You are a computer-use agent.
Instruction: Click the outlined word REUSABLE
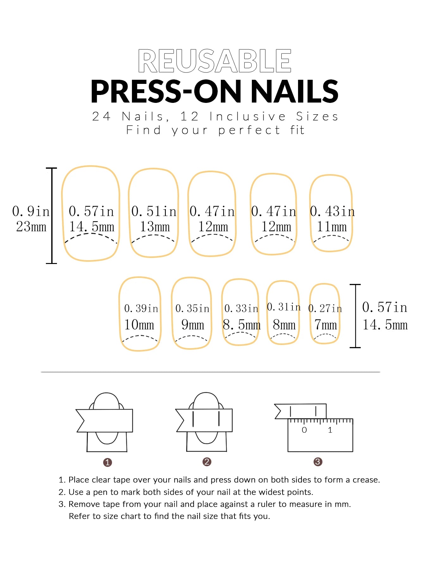215,61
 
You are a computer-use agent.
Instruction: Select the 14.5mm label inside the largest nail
92,227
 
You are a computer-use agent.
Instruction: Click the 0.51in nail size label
154,211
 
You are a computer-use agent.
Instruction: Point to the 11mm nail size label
332,227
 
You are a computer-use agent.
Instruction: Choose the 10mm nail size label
139,325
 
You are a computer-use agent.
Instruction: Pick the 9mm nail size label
192,325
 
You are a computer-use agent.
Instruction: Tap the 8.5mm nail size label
242,325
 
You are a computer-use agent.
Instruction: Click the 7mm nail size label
325,325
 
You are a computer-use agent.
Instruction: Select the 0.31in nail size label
284,307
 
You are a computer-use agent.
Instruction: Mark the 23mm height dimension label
31,227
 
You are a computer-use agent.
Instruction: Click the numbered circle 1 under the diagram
108,462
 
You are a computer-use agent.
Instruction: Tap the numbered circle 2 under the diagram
207,462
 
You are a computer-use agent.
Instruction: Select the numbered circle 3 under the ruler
318,462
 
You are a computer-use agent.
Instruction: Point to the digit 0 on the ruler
304,430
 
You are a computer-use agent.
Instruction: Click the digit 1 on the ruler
330,430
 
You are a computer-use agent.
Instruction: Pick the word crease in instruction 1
365,480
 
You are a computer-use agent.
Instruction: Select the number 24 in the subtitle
101,116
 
